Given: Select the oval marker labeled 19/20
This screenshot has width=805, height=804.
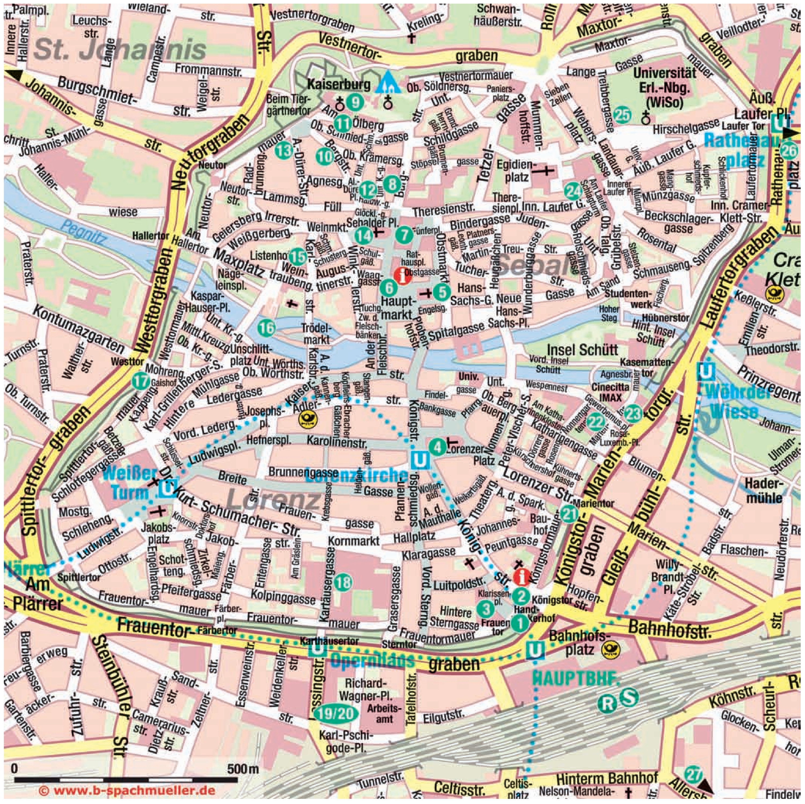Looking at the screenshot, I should point(335,714).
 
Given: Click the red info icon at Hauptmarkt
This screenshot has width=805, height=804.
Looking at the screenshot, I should point(402,276).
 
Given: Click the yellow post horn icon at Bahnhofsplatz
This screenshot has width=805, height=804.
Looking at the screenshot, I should point(612,649).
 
